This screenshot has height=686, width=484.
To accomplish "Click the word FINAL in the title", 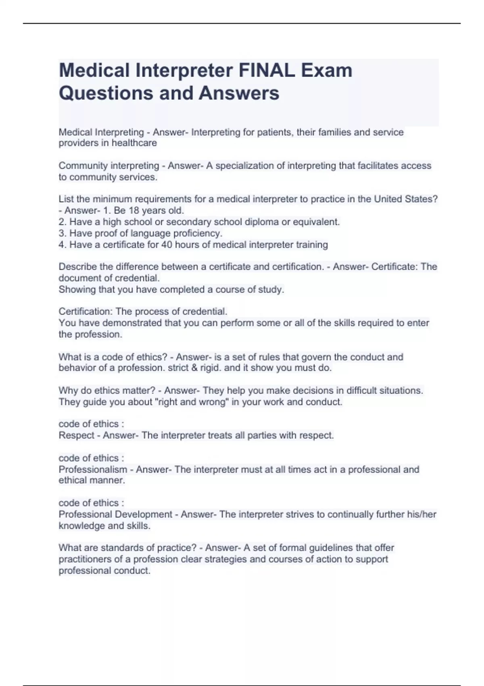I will [267, 70].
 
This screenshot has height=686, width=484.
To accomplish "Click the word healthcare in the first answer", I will [134, 143].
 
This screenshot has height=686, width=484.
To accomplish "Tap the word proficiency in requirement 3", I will [198, 233].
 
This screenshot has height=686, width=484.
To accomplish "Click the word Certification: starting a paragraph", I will [86, 312].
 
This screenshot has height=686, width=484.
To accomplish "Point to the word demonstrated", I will [142, 323].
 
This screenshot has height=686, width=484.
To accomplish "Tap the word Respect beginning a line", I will [76, 435].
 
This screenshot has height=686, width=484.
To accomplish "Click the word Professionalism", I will [93, 469].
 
